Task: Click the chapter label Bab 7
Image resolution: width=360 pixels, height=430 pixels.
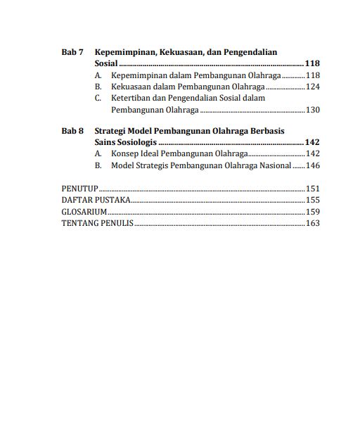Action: (72, 52)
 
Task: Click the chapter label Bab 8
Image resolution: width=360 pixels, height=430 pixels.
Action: (72, 131)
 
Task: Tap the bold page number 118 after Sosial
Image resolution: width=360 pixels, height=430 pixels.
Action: (312, 63)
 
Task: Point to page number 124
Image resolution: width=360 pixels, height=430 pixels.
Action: (313, 87)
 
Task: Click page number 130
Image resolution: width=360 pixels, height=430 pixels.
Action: (313, 110)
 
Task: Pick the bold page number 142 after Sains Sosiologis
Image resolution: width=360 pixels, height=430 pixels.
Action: (312, 142)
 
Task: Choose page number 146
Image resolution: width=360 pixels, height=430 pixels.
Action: (313, 165)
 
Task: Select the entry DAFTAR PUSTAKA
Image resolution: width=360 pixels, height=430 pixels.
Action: (96, 200)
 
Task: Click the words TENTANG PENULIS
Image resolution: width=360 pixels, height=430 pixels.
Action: (97, 223)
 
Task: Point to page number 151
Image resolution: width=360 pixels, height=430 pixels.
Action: (313, 189)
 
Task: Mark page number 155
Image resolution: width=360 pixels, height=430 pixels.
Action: (313, 200)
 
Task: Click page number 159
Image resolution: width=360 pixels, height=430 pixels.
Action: (313, 211)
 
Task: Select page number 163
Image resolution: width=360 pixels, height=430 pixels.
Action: (313, 223)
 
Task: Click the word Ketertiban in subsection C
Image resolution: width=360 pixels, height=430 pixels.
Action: (131, 99)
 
